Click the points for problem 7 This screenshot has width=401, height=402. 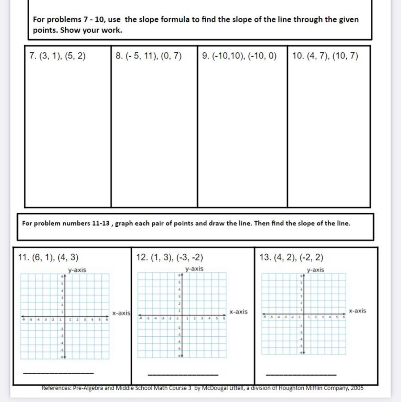pyautogui.click(x=63, y=56)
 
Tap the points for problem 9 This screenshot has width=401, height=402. pyautogui.click(x=245, y=56)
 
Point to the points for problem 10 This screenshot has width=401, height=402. pyautogui.click(x=330, y=56)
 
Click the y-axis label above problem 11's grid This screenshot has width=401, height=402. pyautogui.click(x=77, y=270)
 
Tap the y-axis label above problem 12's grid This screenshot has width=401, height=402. pyautogui.click(x=194, y=269)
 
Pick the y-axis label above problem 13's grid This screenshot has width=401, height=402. pyautogui.click(x=315, y=270)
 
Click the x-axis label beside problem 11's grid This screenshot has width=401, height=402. pyautogui.click(x=121, y=313)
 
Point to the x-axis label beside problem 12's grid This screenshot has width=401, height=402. pyautogui.click(x=238, y=312)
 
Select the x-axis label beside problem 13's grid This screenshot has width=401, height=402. pyautogui.click(x=358, y=311)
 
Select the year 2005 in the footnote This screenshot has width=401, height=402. pyautogui.click(x=357, y=388)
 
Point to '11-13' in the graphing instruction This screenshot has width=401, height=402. pyautogui.click(x=100, y=223)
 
